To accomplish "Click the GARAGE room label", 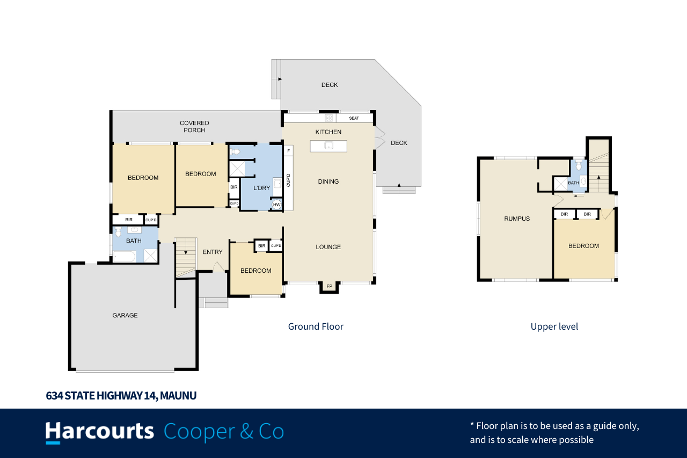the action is pos(125,315).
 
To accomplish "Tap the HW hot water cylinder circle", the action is pos(276,205).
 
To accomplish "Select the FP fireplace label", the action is pos(330,286).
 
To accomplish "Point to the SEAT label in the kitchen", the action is pos(354,118).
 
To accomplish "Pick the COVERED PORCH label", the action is pos(194,126).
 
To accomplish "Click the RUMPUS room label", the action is pos(517,219).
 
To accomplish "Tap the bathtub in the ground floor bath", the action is pos(124,257).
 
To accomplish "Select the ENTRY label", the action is pos(213,252).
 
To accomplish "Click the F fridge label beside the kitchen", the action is pos(288,151).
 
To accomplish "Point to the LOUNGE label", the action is pos(328,247).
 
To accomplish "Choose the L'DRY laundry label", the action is pos(261,188).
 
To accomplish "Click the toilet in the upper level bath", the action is pos(579,165).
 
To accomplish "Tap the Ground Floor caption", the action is pos(316,326).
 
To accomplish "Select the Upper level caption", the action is pos(554,326).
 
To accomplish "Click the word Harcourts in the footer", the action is pos(100,431).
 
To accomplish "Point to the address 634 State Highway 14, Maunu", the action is pos(121,396).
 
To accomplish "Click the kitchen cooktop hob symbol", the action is pos(329,118).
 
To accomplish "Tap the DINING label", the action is pos(328,181).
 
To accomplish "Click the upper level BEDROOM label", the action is pos(583,246).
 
